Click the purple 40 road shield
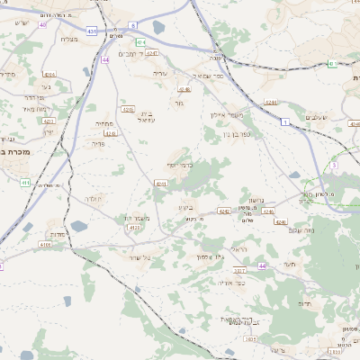[x=42, y=24]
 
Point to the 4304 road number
[x=49, y=75]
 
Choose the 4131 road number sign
[x=135, y=228]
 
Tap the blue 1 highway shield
[x=285, y=121]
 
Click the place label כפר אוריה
[x=232, y=282]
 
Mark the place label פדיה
[x=99, y=142]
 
